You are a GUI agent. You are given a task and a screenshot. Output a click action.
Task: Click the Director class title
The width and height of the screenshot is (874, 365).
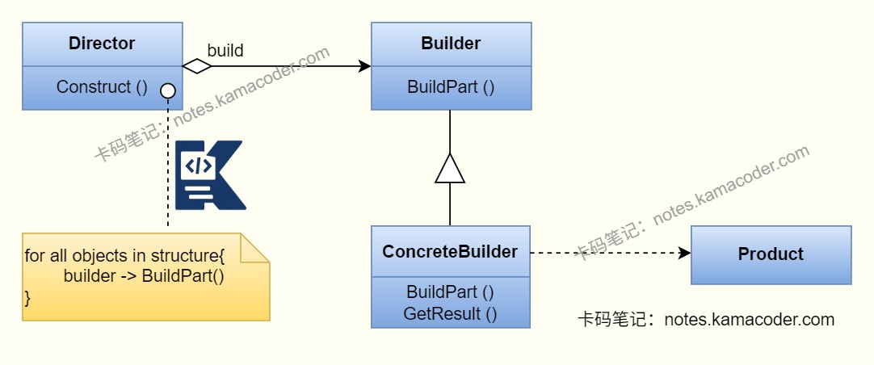click(x=102, y=44)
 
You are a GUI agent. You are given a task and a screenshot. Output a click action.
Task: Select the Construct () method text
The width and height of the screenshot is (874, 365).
click(x=102, y=87)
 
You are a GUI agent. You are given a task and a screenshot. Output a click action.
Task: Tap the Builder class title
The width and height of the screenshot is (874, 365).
click(x=451, y=44)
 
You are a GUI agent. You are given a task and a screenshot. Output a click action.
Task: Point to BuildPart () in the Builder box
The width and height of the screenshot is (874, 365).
click(x=451, y=87)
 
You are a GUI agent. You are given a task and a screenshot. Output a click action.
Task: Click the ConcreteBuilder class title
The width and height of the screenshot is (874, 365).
click(x=450, y=252)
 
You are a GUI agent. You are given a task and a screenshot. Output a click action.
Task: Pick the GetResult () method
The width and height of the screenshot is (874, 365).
click(x=450, y=313)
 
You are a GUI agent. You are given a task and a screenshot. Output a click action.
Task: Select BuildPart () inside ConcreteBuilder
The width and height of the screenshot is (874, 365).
click(x=450, y=292)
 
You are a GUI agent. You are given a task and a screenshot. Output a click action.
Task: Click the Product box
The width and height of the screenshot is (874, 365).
click(x=771, y=254)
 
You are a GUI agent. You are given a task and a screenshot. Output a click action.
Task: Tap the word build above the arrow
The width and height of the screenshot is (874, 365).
click(x=225, y=50)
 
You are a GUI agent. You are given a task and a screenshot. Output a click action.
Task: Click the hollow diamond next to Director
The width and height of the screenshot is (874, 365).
click(x=197, y=66)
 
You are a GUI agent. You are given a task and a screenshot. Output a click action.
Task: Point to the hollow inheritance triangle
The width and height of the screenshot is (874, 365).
click(x=450, y=169)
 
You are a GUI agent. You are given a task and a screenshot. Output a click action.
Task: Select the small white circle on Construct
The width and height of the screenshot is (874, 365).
click(x=168, y=90)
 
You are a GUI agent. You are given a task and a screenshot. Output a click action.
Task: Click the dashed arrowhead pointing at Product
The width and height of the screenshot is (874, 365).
click(x=685, y=253)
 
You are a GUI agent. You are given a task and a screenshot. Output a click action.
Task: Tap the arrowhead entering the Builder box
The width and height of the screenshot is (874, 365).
click(x=364, y=66)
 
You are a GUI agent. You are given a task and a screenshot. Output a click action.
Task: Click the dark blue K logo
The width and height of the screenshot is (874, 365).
click(x=210, y=175)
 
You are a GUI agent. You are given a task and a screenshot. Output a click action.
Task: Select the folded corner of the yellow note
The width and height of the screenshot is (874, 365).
click(x=256, y=247)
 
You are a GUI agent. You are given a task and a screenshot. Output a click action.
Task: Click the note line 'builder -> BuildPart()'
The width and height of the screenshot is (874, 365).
click(x=144, y=276)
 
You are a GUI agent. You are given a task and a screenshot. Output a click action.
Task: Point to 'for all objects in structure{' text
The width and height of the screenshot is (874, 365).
click(x=124, y=256)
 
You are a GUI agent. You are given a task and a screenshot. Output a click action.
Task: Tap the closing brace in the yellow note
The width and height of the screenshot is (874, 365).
click(x=27, y=297)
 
